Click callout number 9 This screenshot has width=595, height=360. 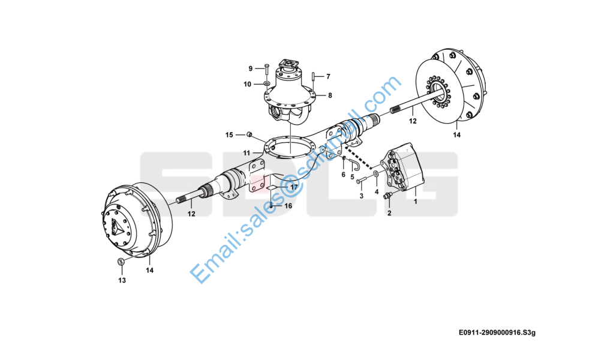(x=251, y=68)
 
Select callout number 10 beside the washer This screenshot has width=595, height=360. (x=248, y=84)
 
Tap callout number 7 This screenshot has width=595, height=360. (x=328, y=76)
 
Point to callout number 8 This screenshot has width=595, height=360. (x=329, y=95)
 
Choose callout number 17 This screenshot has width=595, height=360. (x=294, y=187)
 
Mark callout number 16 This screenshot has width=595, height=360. (x=288, y=206)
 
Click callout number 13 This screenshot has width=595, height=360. (x=122, y=280)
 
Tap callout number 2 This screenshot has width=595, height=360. (x=389, y=213)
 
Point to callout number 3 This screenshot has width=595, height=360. (x=362, y=196)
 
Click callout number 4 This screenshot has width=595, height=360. (x=377, y=192)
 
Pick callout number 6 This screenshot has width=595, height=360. (x=343, y=175)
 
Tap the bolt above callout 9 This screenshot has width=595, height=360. (x=266, y=68)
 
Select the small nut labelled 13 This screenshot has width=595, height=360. (x=122, y=261)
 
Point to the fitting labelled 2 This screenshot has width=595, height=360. (x=387, y=195)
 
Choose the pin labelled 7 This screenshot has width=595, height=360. (x=314, y=76)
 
